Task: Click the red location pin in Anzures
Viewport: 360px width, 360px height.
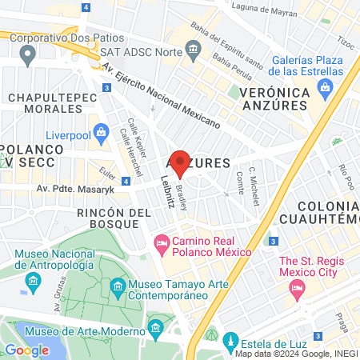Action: click(180, 162)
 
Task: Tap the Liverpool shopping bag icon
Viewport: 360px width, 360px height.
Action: click(102, 132)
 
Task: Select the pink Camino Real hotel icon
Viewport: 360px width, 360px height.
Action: click(161, 241)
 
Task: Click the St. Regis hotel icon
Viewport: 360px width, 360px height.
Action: click(298, 291)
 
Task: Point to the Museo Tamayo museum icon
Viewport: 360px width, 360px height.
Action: click(118, 286)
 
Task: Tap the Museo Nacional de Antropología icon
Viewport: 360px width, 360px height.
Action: click(33, 281)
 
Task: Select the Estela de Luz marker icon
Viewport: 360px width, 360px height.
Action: click(231, 339)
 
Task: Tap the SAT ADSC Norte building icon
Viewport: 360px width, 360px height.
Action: click(193, 51)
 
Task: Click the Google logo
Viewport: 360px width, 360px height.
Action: click(26, 350)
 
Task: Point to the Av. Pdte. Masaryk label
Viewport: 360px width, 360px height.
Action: click(72, 189)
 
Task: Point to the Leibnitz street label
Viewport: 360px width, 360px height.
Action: click(168, 191)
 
